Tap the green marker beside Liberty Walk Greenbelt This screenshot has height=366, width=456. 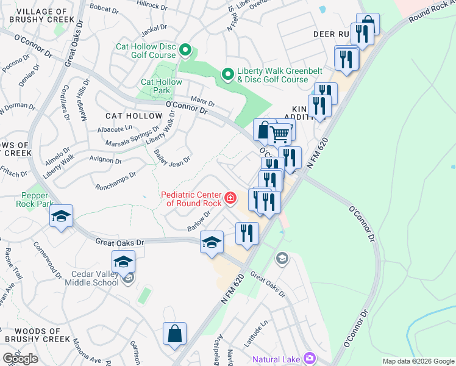(228, 75)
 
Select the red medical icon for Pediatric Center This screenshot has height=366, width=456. (230, 197)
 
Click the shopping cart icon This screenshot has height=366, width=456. (280, 133)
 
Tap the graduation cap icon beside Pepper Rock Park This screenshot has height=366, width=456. (62, 217)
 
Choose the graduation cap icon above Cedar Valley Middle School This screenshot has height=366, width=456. (123, 262)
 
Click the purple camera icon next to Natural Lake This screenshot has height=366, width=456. (309, 358)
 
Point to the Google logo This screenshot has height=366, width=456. (20, 359)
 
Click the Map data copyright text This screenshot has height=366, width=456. (418, 361)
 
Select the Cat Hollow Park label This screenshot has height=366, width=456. (162, 86)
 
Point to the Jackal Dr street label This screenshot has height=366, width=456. (154, 29)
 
